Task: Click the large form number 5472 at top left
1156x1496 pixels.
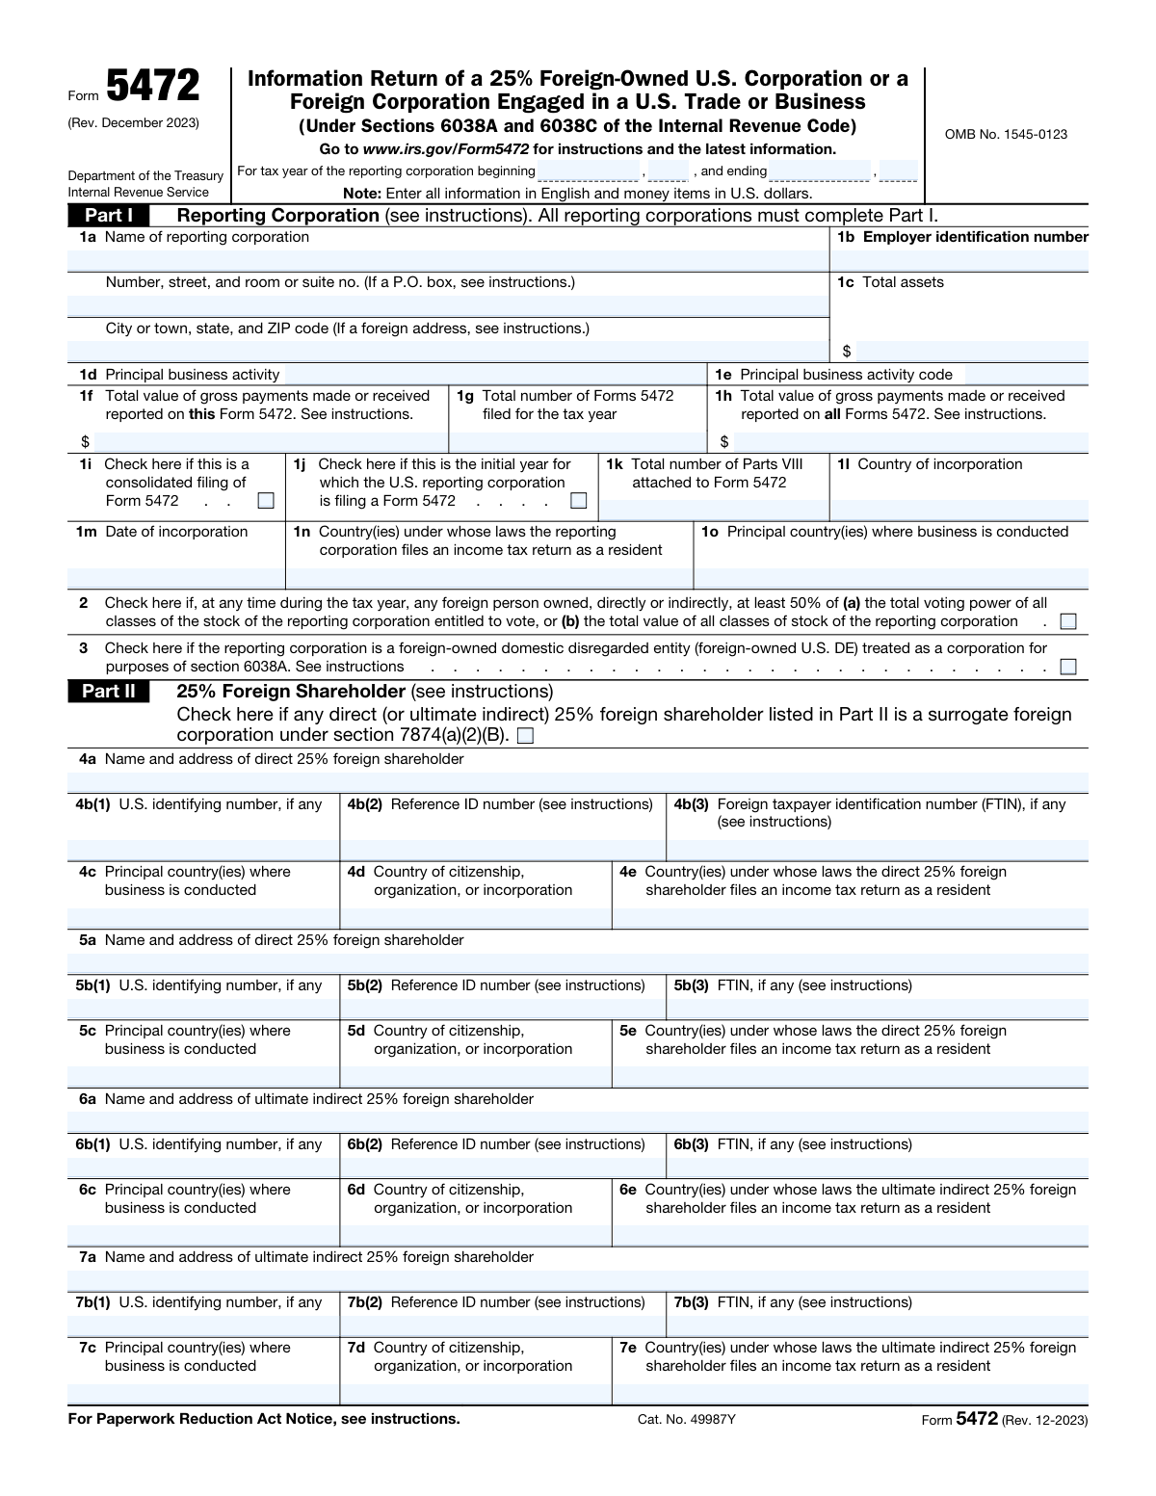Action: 153,88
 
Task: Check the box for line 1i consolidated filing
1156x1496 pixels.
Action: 266,501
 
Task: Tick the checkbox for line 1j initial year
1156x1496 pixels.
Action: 578,501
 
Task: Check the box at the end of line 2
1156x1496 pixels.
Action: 1067,622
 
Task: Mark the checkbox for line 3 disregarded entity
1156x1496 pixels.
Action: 1067,667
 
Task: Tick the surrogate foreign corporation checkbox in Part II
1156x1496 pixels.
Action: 525,737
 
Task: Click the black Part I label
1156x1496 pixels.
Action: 108,216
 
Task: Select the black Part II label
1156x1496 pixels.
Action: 108,692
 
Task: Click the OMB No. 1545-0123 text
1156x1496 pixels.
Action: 1006,135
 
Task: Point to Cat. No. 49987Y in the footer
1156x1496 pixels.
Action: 686,1420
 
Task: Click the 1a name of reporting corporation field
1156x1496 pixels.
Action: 448,261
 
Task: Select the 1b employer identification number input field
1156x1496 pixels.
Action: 959,261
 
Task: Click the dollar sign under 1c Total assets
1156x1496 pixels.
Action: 847,352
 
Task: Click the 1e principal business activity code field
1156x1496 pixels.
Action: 1025,375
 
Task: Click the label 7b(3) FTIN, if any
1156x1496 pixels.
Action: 792,1302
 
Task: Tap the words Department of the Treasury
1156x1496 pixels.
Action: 145,175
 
